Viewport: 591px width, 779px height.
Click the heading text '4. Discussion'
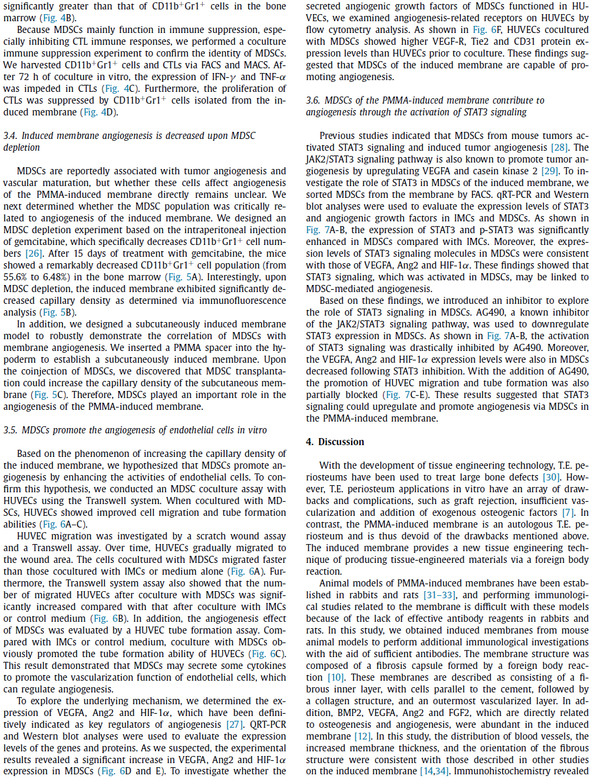tap(335, 442)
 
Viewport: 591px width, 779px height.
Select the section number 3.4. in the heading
tap(10, 135)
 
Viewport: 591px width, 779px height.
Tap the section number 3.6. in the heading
tap(313, 100)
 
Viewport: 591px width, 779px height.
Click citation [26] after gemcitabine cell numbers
tap(34, 253)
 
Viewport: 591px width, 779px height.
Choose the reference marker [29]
tap(550, 171)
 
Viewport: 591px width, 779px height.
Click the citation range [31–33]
tap(440, 595)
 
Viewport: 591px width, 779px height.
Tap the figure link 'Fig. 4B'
tap(58, 18)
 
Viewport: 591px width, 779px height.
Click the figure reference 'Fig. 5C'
tap(48, 395)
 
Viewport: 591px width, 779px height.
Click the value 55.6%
tap(16, 277)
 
